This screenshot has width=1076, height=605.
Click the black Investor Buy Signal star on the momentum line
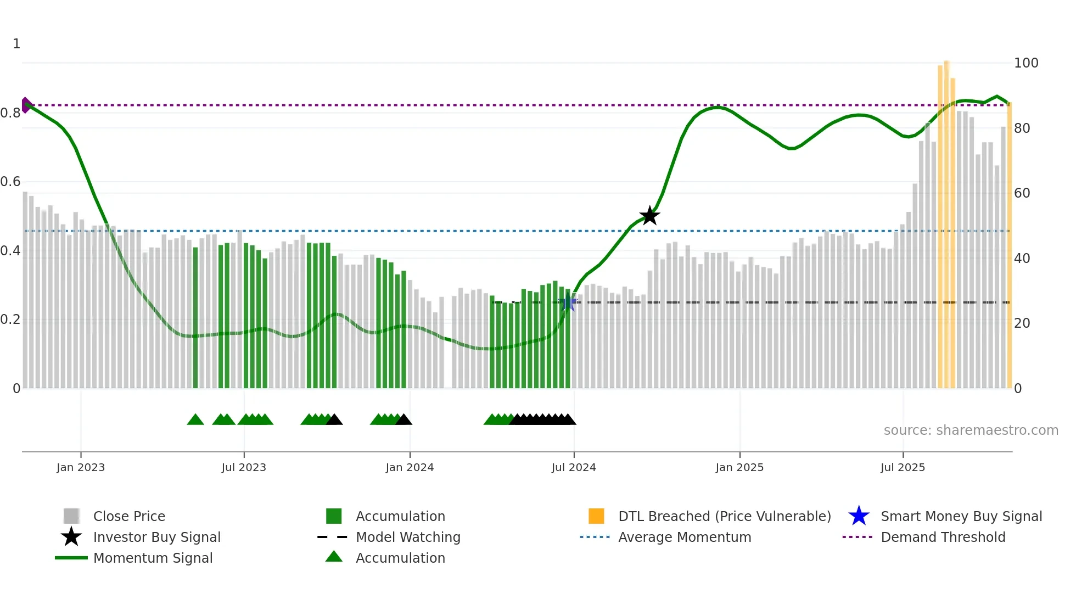click(x=649, y=216)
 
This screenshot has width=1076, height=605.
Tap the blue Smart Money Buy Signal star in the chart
click(x=568, y=302)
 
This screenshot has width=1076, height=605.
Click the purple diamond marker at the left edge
click(x=26, y=105)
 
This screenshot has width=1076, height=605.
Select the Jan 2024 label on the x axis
click(x=410, y=467)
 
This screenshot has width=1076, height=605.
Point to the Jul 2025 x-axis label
click(x=903, y=467)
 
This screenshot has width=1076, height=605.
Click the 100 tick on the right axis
click(x=1025, y=63)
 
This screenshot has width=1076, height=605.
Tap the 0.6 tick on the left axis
click(x=10, y=182)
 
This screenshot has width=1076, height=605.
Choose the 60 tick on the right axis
click(x=1022, y=193)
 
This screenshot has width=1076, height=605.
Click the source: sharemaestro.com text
click(x=971, y=430)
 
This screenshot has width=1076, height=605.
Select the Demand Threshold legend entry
click(x=943, y=537)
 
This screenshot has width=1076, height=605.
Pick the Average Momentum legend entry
click(x=684, y=537)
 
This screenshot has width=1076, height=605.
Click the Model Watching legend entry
click(x=407, y=537)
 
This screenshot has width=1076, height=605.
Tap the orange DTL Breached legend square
click(x=596, y=516)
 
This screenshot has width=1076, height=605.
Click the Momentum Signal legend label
click(x=153, y=558)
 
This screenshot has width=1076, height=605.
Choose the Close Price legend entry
click(x=128, y=516)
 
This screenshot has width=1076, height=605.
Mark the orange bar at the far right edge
click(x=1009, y=247)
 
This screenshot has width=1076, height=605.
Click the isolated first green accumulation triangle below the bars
click(x=195, y=420)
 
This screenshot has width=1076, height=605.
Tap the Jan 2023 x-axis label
click(x=81, y=467)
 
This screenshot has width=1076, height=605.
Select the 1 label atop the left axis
click(x=16, y=44)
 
